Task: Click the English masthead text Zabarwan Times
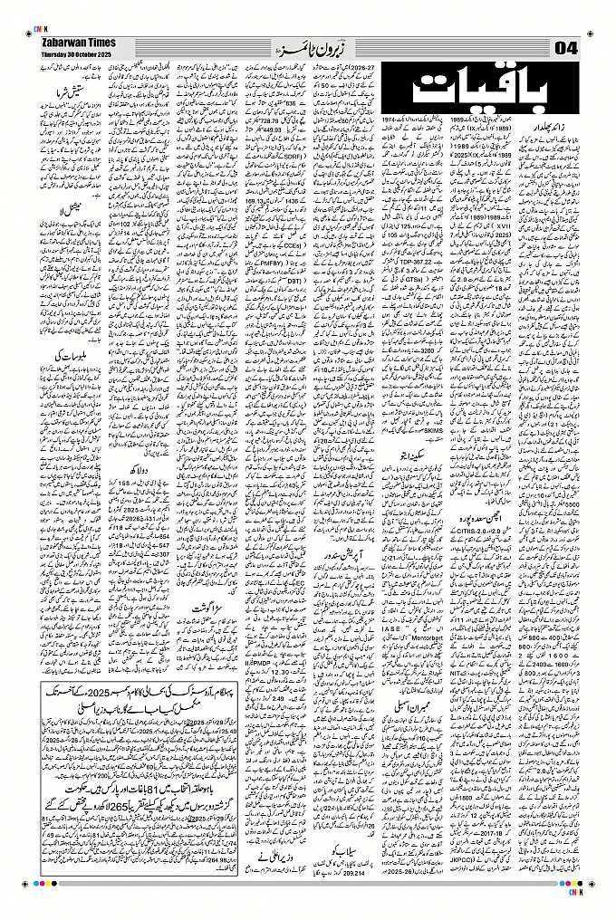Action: pos(71,42)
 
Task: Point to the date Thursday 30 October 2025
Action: pos(71,53)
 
